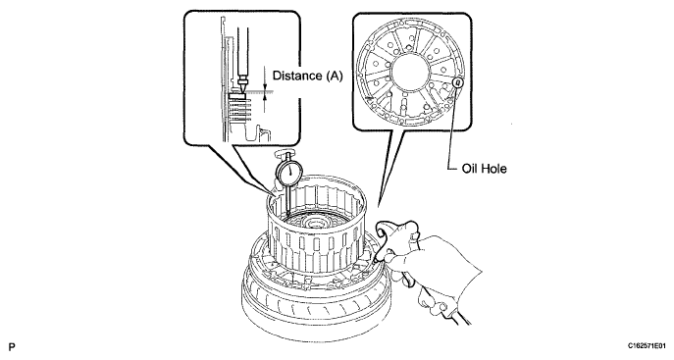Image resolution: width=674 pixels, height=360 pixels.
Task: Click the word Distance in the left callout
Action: (297, 77)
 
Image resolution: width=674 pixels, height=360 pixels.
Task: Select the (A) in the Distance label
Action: (334, 77)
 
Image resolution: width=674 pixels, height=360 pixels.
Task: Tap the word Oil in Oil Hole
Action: (469, 169)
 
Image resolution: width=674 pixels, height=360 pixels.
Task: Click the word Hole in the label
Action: (493, 169)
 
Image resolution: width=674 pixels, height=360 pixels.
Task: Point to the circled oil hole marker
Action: (458, 80)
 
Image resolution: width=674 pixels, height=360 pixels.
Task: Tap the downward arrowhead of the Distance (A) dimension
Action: (265, 87)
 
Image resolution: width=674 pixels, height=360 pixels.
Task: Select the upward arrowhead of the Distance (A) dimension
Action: (265, 97)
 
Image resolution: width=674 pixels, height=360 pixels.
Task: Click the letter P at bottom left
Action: (12, 346)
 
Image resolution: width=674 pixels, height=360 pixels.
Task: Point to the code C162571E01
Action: (647, 345)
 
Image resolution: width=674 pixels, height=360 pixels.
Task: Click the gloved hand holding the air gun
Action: (435, 267)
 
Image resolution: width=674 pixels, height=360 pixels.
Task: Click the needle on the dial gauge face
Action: (291, 171)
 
